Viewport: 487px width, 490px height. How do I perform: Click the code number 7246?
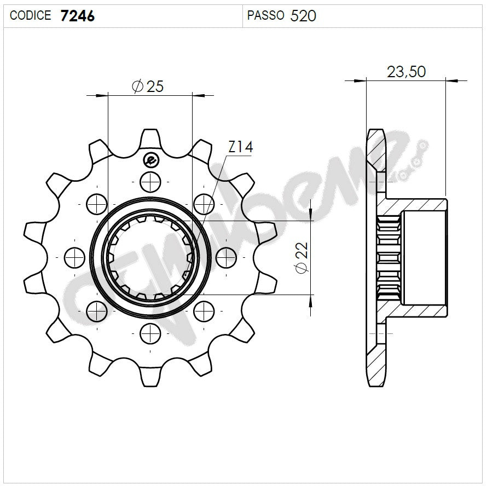(x=78, y=16)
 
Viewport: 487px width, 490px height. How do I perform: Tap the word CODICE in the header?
(x=31, y=16)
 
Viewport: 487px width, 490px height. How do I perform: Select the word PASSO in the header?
(x=265, y=16)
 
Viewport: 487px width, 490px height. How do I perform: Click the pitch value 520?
(x=303, y=16)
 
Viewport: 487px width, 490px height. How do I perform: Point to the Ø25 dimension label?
(x=148, y=86)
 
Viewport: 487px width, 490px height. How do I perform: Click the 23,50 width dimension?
(x=406, y=71)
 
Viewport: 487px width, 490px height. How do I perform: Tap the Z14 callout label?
(x=240, y=147)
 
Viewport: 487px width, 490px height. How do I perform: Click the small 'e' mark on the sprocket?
(x=150, y=160)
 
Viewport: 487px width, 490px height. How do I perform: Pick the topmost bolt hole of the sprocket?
(x=150, y=181)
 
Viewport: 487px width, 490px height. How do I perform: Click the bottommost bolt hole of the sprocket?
(x=150, y=332)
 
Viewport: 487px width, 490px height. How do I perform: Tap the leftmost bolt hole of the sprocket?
(x=74, y=257)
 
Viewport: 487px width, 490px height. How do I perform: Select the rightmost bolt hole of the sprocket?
(x=226, y=257)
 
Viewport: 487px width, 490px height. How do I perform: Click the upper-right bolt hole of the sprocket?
(x=204, y=204)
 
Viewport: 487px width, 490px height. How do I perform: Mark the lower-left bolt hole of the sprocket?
(x=97, y=310)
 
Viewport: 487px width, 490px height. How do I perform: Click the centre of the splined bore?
(x=150, y=257)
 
